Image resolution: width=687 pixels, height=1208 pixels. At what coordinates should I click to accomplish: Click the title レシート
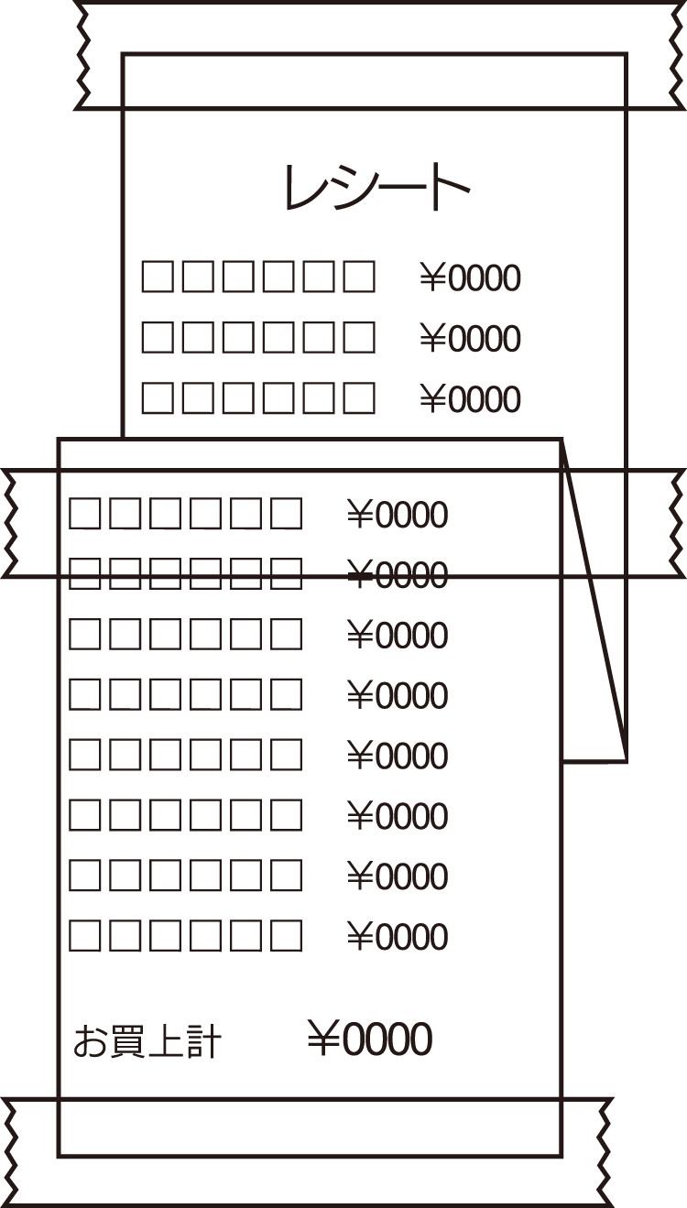(376, 189)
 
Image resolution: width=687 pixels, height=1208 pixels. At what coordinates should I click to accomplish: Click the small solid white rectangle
(620, 773)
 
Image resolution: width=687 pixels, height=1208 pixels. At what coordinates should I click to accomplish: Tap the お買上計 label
(147, 1042)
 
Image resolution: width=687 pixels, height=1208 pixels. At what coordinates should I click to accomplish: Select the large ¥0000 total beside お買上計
(369, 1039)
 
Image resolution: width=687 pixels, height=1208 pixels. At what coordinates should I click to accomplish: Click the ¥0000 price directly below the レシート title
(470, 278)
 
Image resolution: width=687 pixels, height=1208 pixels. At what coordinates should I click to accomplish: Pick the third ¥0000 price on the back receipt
(470, 399)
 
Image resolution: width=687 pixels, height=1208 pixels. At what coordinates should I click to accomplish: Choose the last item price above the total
(398, 937)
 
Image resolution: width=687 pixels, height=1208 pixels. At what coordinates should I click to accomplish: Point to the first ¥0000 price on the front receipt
(398, 516)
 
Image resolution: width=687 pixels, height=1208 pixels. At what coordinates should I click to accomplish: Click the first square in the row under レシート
(157, 277)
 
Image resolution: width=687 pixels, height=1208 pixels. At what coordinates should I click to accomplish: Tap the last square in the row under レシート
(359, 277)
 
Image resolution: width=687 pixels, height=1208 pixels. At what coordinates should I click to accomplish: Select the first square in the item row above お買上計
(84, 936)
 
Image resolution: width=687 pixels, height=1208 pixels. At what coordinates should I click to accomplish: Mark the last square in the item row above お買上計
(286, 936)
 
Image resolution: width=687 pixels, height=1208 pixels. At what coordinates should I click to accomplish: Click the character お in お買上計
(90, 1042)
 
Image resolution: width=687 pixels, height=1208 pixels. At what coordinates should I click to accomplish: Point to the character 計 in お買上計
(203, 1042)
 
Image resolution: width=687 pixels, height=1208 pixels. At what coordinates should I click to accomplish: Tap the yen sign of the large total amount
(323, 1039)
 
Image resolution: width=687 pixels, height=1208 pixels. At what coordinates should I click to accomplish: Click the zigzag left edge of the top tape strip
(83, 55)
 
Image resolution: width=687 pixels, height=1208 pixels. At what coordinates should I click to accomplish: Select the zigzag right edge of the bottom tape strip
(605, 1151)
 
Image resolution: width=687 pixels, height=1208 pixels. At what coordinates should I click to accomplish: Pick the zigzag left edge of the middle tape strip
(10, 524)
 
